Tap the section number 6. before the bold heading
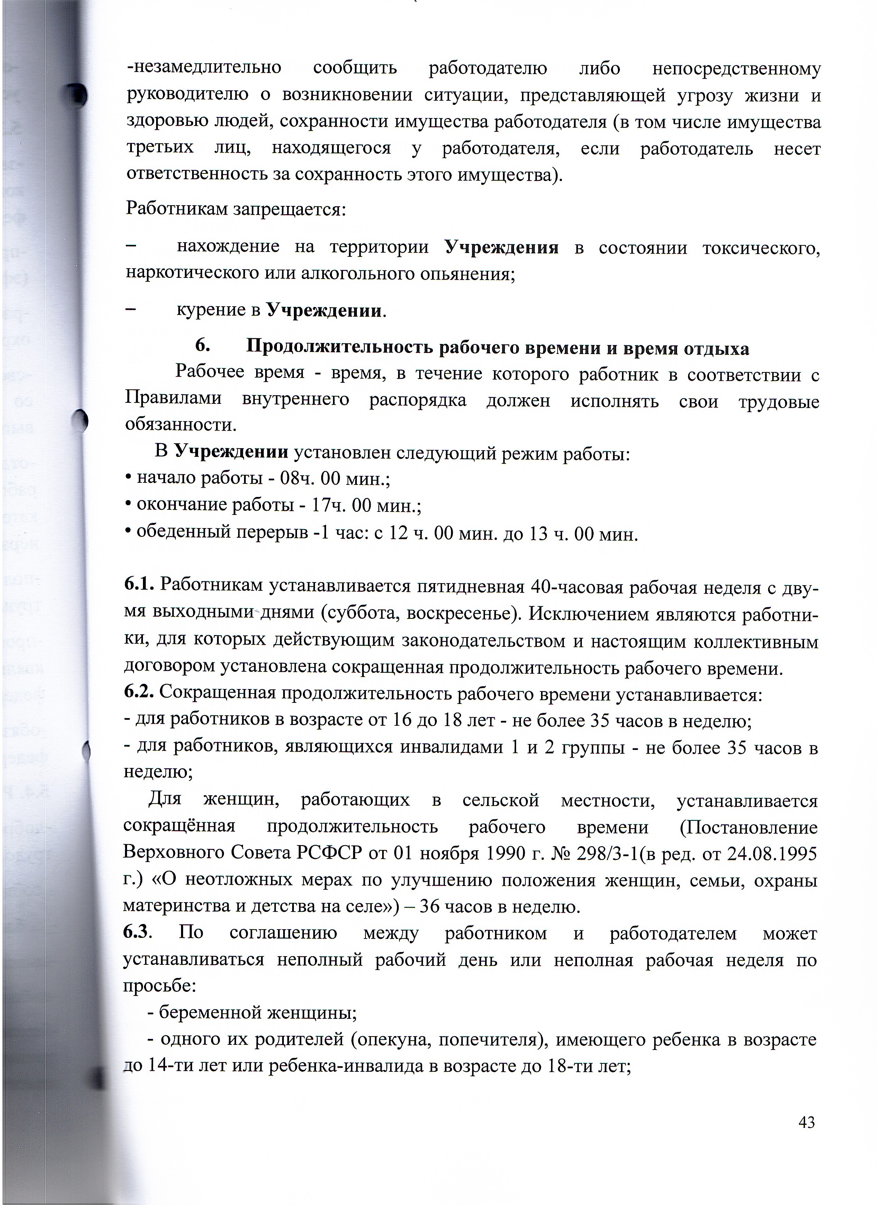click(202, 346)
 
